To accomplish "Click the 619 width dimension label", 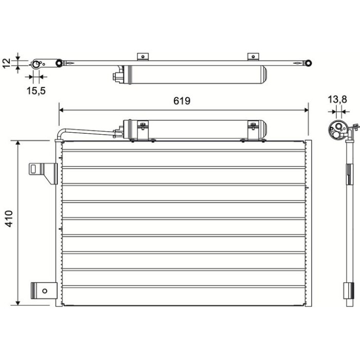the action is [182, 101].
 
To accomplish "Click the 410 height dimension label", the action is [9, 219].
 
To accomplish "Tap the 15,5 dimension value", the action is [37, 91].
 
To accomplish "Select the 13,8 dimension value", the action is [337, 99].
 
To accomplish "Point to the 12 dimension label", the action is [6, 63].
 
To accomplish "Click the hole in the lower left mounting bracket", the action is [45, 291].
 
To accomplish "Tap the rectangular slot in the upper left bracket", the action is [33, 169].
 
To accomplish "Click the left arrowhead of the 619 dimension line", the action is [61, 110].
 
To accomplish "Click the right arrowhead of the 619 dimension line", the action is [307, 110].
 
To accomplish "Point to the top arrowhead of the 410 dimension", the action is [18, 143].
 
